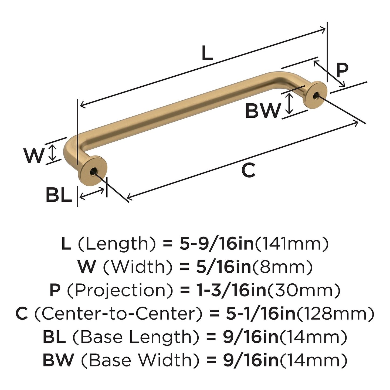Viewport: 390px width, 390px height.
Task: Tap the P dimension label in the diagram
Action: coord(342,70)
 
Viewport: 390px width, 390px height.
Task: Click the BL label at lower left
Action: coord(59,195)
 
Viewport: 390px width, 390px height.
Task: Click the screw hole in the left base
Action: coord(94,171)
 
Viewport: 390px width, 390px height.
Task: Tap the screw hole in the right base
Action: coord(316,96)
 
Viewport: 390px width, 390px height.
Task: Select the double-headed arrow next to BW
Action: coord(289,103)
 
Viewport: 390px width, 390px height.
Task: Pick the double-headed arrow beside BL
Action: coord(92,193)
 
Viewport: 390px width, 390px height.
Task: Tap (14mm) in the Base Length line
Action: coord(313,337)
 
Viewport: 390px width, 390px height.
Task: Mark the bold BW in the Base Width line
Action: coord(58,360)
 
